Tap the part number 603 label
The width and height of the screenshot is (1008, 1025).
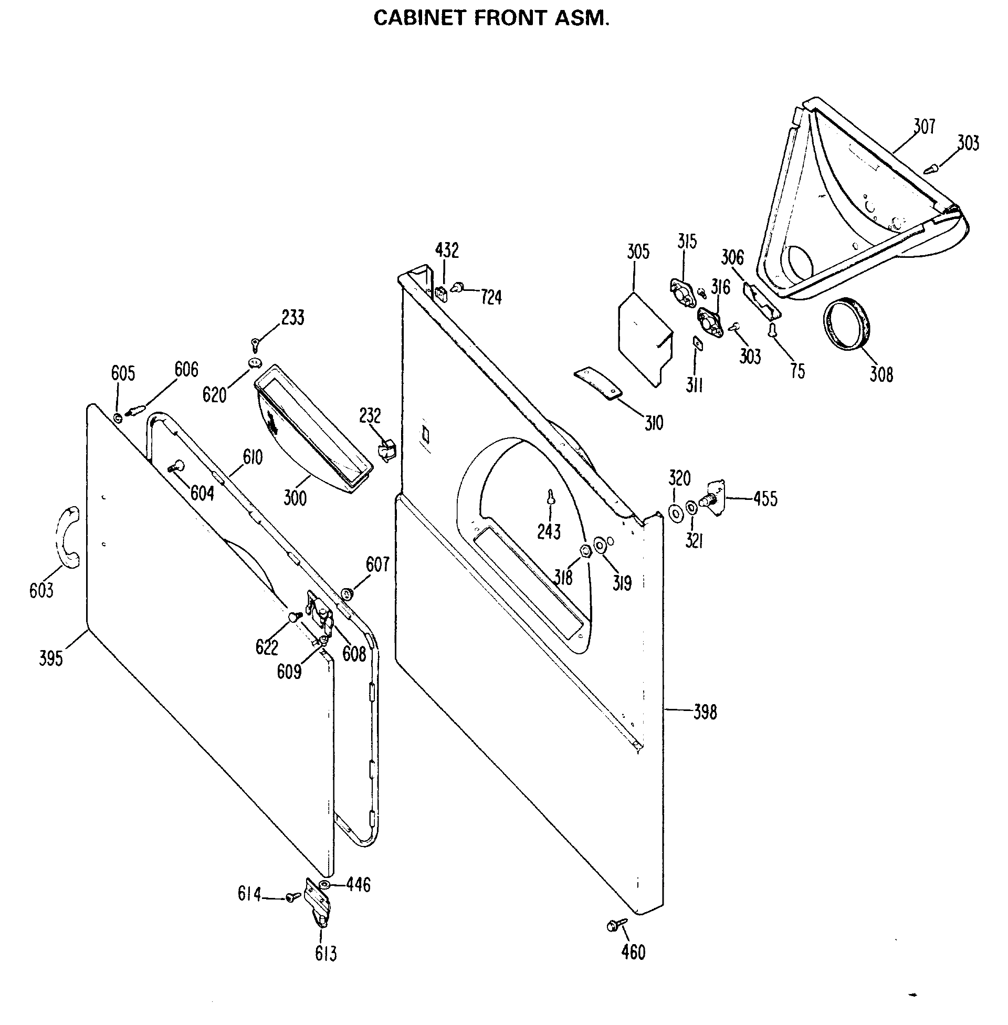click(x=41, y=590)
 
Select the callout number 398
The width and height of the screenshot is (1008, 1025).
click(x=705, y=712)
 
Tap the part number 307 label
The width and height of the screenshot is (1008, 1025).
click(x=925, y=126)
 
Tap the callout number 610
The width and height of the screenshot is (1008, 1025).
click(x=253, y=456)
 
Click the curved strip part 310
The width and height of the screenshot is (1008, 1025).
click(x=597, y=382)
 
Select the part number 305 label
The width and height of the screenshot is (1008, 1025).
click(x=638, y=252)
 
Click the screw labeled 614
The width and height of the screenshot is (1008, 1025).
click(x=292, y=897)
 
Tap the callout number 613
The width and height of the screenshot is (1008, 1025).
click(x=325, y=954)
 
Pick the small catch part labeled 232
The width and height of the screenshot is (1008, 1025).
click(x=385, y=451)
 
